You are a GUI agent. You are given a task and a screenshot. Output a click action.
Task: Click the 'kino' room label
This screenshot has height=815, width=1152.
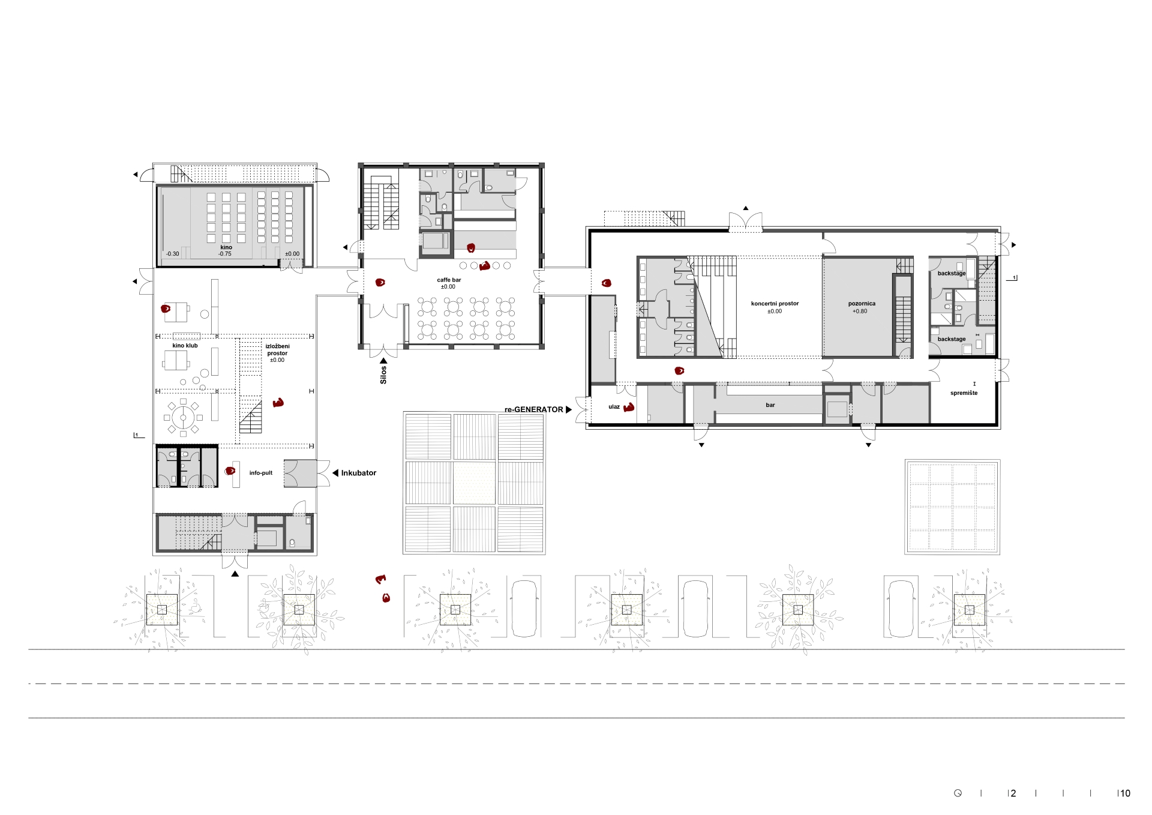pos(226,247)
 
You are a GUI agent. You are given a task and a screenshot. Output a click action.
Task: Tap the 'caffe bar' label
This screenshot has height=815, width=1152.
pos(449,280)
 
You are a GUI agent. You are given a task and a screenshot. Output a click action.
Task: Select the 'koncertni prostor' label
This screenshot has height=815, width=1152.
pos(775,304)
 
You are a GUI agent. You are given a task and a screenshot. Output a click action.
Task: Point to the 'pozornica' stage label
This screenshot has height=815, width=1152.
pos(862,304)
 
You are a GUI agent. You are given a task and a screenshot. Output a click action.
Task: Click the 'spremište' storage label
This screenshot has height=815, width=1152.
pos(964,393)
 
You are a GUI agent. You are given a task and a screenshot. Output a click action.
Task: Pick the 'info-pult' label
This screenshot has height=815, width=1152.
pos(261,473)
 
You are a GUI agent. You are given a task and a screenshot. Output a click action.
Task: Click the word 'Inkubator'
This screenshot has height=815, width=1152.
pos(359,473)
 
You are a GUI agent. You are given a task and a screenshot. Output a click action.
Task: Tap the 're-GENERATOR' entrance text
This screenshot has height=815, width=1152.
pos(534,409)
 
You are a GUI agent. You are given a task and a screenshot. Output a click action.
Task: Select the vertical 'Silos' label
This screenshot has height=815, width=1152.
pos(383,374)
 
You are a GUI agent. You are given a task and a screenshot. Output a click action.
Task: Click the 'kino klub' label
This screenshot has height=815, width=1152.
pos(185,346)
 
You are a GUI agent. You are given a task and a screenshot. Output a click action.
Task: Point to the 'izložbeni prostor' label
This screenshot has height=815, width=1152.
pos(277,350)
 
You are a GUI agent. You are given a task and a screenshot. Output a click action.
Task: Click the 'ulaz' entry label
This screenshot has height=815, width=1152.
pos(614,407)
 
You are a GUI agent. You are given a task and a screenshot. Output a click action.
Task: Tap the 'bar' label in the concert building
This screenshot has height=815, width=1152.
pos(770,405)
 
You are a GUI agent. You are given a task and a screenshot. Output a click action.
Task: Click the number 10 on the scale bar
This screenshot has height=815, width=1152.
pos(1125,793)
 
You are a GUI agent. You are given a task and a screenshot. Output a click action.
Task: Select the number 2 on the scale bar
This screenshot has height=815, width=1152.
pos(1013,793)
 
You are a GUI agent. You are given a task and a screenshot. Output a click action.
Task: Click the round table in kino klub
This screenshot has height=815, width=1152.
pos(183,417)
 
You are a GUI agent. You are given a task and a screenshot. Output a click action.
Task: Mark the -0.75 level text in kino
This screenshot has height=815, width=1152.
pos(225,254)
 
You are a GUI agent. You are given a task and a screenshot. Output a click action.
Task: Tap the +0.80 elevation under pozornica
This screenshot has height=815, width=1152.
pos(860,311)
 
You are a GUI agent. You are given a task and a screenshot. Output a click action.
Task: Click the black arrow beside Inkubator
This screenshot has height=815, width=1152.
pos(335,473)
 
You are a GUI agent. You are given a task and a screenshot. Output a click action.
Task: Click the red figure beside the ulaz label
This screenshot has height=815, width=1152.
pos(629,407)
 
